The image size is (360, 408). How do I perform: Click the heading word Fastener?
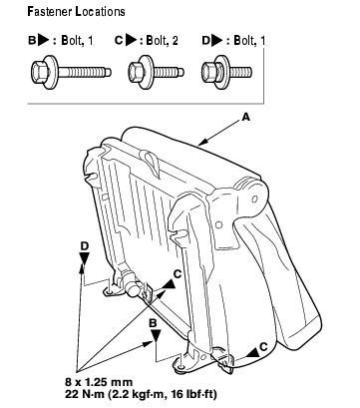[x=50, y=12]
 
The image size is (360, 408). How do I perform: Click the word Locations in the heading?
[x=100, y=12]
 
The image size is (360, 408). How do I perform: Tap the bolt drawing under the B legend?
[x=71, y=72]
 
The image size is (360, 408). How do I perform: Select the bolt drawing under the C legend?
[x=156, y=72]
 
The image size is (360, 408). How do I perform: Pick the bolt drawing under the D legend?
[x=226, y=72]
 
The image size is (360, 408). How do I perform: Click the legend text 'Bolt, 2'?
[x=162, y=41]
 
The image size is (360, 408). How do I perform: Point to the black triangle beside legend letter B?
[x=43, y=40]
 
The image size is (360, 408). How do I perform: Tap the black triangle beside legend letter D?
[x=217, y=40]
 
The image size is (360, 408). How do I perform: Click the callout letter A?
[x=245, y=117]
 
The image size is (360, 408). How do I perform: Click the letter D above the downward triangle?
[x=85, y=246]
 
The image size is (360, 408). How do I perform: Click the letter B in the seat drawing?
[x=153, y=323]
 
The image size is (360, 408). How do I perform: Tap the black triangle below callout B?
[x=156, y=335]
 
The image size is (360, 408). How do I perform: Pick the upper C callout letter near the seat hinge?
[x=178, y=274]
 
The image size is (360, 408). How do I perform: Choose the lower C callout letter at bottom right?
[x=263, y=347]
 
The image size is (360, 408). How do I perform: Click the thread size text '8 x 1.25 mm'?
[x=99, y=382]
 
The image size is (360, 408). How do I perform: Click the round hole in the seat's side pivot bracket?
[x=254, y=200]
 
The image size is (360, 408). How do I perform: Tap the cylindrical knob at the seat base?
[x=133, y=289]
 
